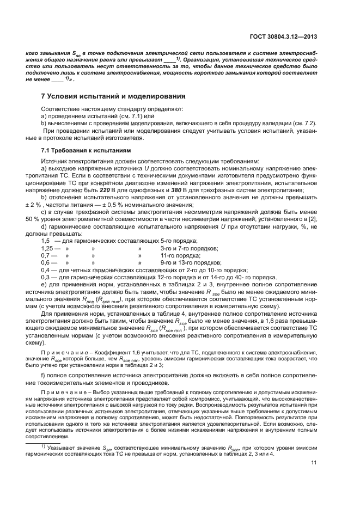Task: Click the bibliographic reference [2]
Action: [314, 219]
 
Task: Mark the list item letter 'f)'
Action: [44, 376]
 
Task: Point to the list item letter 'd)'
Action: [44, 226]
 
